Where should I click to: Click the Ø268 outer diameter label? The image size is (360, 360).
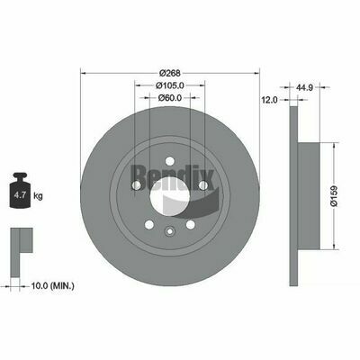pos(169,73)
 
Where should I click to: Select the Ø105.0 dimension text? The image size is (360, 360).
pos(169,85)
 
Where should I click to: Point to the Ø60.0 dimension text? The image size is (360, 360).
pos(170,97)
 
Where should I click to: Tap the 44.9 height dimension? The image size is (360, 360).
pos(304,87)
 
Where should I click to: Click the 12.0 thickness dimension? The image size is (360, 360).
pos(270,100)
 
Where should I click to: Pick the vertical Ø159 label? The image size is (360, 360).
pos(335,196)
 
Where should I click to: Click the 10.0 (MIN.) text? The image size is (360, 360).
pos(52,285)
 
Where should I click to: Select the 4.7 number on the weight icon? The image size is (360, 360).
pos(20,195)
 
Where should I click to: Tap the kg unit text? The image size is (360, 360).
pos(38,196)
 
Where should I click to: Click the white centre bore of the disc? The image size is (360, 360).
pos(170,196)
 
